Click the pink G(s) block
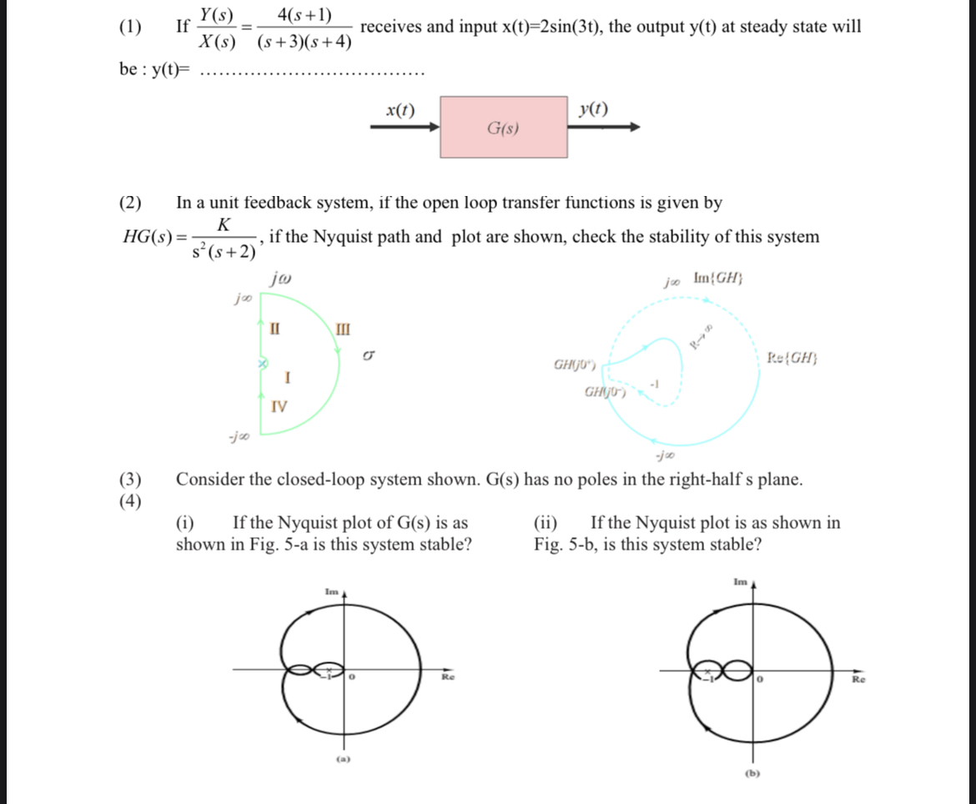(x=503, y=128)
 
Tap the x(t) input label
(x=400, y=109)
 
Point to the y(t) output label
(x=593, y=109)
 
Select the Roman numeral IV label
(x=279, y=407)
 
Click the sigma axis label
(x=366, y=357)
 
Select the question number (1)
(x=130, y=26)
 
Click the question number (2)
(x=130, y=203)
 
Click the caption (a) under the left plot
(x=342, y=759)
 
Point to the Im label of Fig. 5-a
(x=331, y=591)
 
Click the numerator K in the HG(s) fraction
(x=223, y=224)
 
